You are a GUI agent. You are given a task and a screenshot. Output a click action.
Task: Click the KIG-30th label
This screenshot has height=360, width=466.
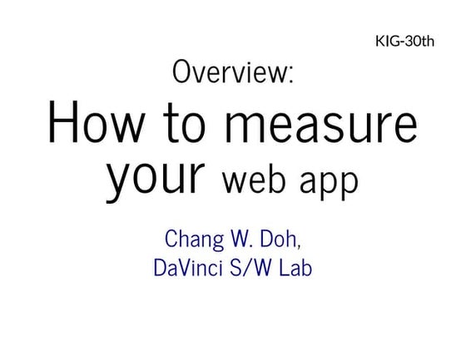click(404, 41)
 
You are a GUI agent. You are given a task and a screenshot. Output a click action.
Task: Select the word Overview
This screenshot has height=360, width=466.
click(230, 72)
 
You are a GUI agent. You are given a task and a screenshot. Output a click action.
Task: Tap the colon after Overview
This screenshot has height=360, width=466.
click(291, 75)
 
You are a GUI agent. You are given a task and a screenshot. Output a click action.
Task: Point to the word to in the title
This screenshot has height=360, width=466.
click(185, 123)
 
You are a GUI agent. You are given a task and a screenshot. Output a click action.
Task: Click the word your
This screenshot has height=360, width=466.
click(156, 180)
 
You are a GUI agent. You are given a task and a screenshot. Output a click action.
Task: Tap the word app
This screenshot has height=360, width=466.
click(329, 185)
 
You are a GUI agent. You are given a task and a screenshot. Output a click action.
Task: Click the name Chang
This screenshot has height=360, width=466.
click(194, 239)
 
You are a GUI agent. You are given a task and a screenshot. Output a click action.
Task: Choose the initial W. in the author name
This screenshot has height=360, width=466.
click(241, 239)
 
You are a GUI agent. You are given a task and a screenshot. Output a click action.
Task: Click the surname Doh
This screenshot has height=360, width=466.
click(278, 239)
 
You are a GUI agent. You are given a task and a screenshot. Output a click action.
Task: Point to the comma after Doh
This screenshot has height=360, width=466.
click(299, 245)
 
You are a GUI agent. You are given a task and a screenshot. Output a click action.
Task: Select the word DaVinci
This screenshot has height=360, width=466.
click(188, 268)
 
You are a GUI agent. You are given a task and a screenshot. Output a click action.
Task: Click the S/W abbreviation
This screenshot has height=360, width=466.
click(250, 268)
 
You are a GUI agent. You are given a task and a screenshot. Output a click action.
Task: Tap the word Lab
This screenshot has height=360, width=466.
click(295, 268)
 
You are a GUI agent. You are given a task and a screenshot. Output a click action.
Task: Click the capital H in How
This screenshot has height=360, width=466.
click(63, 121)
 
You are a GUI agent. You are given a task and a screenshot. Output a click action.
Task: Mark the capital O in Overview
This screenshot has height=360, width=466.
click(181, 72)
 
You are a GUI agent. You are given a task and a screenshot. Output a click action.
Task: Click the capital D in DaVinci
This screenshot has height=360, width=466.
click(161, 268)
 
